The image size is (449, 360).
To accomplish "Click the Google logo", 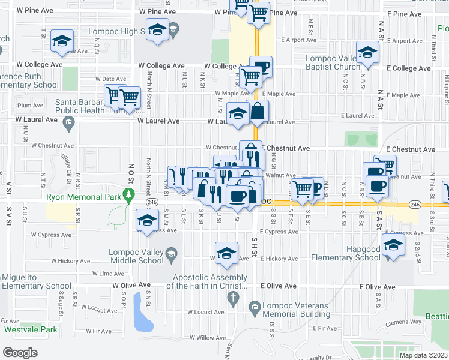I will click(20, 352).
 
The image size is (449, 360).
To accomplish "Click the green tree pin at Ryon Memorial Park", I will click(128, 194).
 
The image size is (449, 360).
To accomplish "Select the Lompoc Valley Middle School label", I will click(136, 256).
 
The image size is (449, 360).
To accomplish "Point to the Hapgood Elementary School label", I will click(346, 253).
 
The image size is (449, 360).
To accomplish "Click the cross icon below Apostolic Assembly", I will click(231, 297).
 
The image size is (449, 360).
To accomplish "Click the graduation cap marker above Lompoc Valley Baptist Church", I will click(367, 52).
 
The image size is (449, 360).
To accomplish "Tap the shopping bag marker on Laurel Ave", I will click(258, 111).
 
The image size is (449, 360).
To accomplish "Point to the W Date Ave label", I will click(110, 79).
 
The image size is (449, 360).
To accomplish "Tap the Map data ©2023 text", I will click(423, 355).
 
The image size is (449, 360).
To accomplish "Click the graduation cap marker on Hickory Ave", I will click(227, 253).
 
